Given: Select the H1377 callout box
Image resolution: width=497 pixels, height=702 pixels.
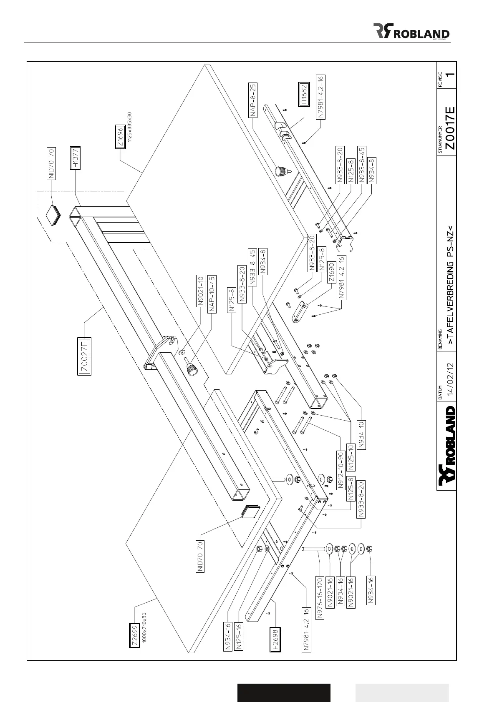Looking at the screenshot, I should tap(75, 158).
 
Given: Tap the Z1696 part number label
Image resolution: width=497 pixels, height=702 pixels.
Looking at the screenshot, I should tap(120, 136).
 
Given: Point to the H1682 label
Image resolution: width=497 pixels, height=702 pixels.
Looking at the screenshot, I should tap(303, 94).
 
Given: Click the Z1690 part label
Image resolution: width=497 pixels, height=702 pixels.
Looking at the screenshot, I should tap(332, 272).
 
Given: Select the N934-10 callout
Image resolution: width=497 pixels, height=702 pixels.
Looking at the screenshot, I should tap(362, 434).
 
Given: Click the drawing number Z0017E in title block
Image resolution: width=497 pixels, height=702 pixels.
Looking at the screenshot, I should tap(449, 128).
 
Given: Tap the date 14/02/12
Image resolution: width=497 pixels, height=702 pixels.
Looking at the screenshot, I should tap(450, 380).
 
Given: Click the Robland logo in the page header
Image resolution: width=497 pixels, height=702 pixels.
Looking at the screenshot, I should tap(411, 31).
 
